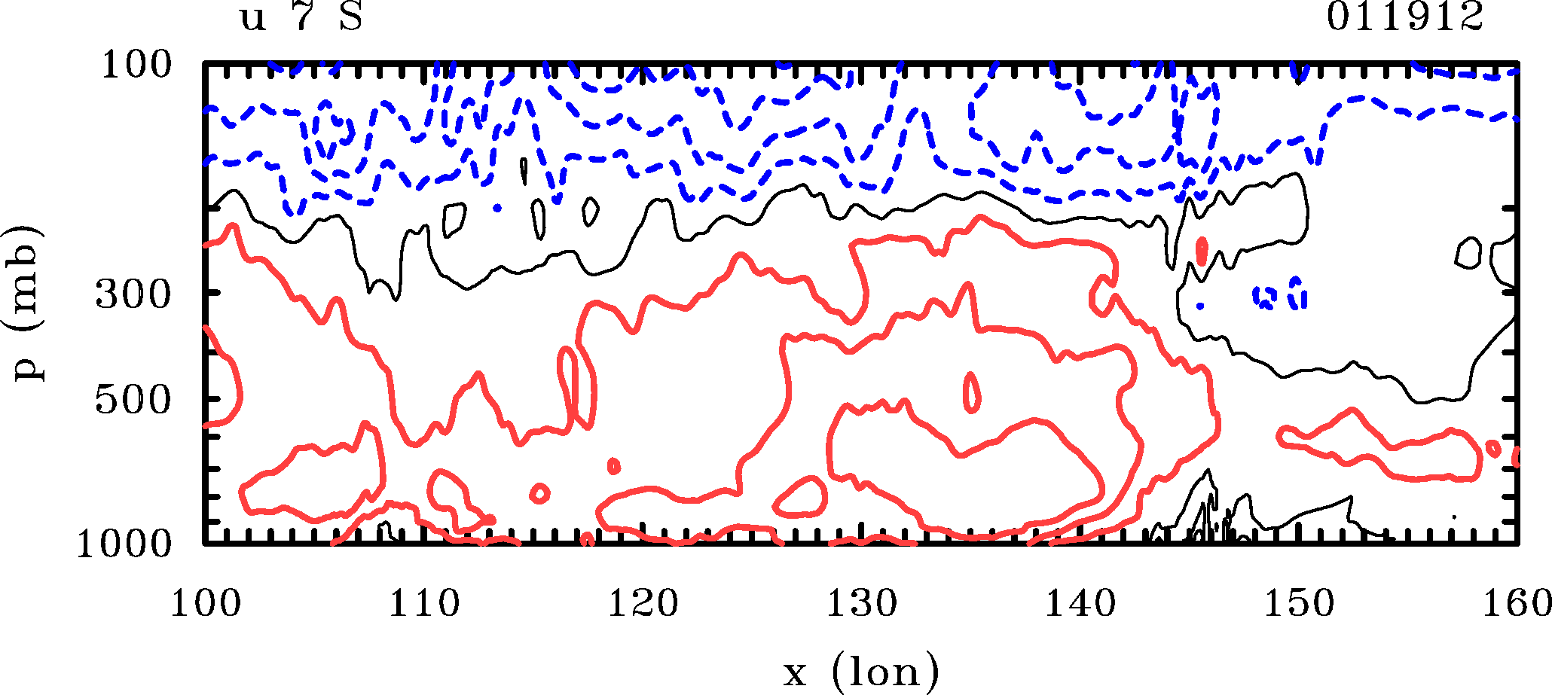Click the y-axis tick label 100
point(136,66)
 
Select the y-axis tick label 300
point(133,294)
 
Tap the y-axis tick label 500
point(133,400)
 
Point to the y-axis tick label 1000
point(124,544)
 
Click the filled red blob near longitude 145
point(1202,251)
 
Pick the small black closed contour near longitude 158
point(1469,253)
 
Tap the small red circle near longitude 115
point(539,493)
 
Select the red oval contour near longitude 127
point(802,496)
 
